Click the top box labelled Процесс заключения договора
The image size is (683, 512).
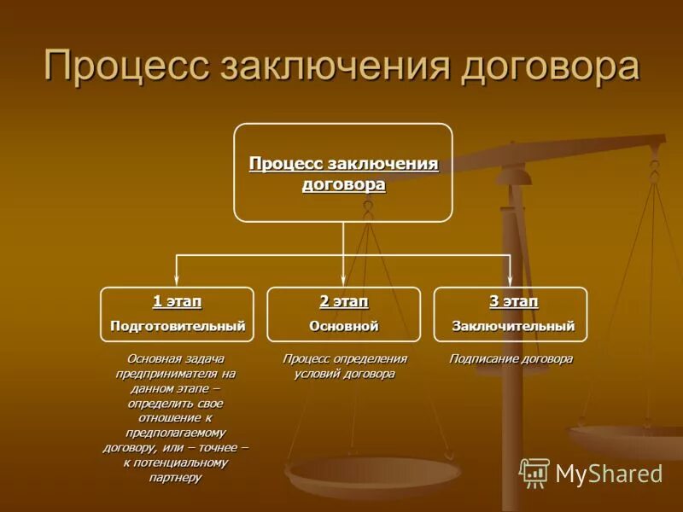(x=343, y=172)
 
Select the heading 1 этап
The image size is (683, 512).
(x=177, y=302)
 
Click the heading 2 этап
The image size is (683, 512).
(x=343, y=302)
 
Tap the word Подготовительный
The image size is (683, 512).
(x=177, y=326)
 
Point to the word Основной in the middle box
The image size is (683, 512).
(x=343, y=326)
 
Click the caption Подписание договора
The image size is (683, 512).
(x=511, y=359)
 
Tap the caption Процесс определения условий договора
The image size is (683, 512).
(x=344, y=366)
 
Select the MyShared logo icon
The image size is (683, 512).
(x=534, y=473)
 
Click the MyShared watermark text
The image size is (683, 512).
(x=609, y=474)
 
